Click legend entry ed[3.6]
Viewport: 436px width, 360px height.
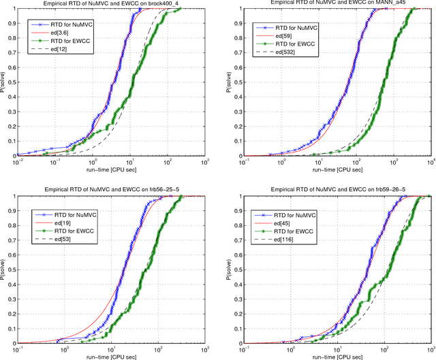[x=61, y=32]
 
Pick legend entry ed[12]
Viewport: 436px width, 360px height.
[x=59, y=50]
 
